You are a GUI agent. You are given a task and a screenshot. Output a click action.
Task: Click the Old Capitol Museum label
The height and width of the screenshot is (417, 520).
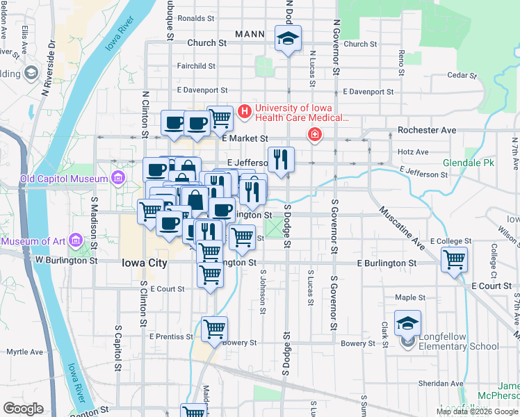64,179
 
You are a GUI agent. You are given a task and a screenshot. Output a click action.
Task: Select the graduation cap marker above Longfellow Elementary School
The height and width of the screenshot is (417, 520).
408,322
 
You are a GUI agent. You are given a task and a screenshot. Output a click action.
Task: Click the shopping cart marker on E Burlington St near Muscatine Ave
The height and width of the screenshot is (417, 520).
454,260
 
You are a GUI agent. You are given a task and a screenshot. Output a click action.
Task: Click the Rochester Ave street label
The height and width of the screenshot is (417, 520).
426,130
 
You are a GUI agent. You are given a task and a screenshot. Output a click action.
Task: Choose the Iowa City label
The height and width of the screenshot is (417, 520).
144,263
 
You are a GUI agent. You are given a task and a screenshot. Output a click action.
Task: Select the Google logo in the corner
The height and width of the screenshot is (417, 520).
23,408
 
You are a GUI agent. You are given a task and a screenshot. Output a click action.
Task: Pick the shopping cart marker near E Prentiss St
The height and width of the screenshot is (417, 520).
215,328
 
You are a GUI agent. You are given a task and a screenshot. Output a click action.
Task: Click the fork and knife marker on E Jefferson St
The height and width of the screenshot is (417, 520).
282,159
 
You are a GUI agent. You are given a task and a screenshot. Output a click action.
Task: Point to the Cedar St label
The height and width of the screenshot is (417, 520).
461,75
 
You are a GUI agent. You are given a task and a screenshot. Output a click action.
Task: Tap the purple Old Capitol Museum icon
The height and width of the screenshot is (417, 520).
117,179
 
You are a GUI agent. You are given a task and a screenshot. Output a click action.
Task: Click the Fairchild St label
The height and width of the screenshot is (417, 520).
195,66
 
